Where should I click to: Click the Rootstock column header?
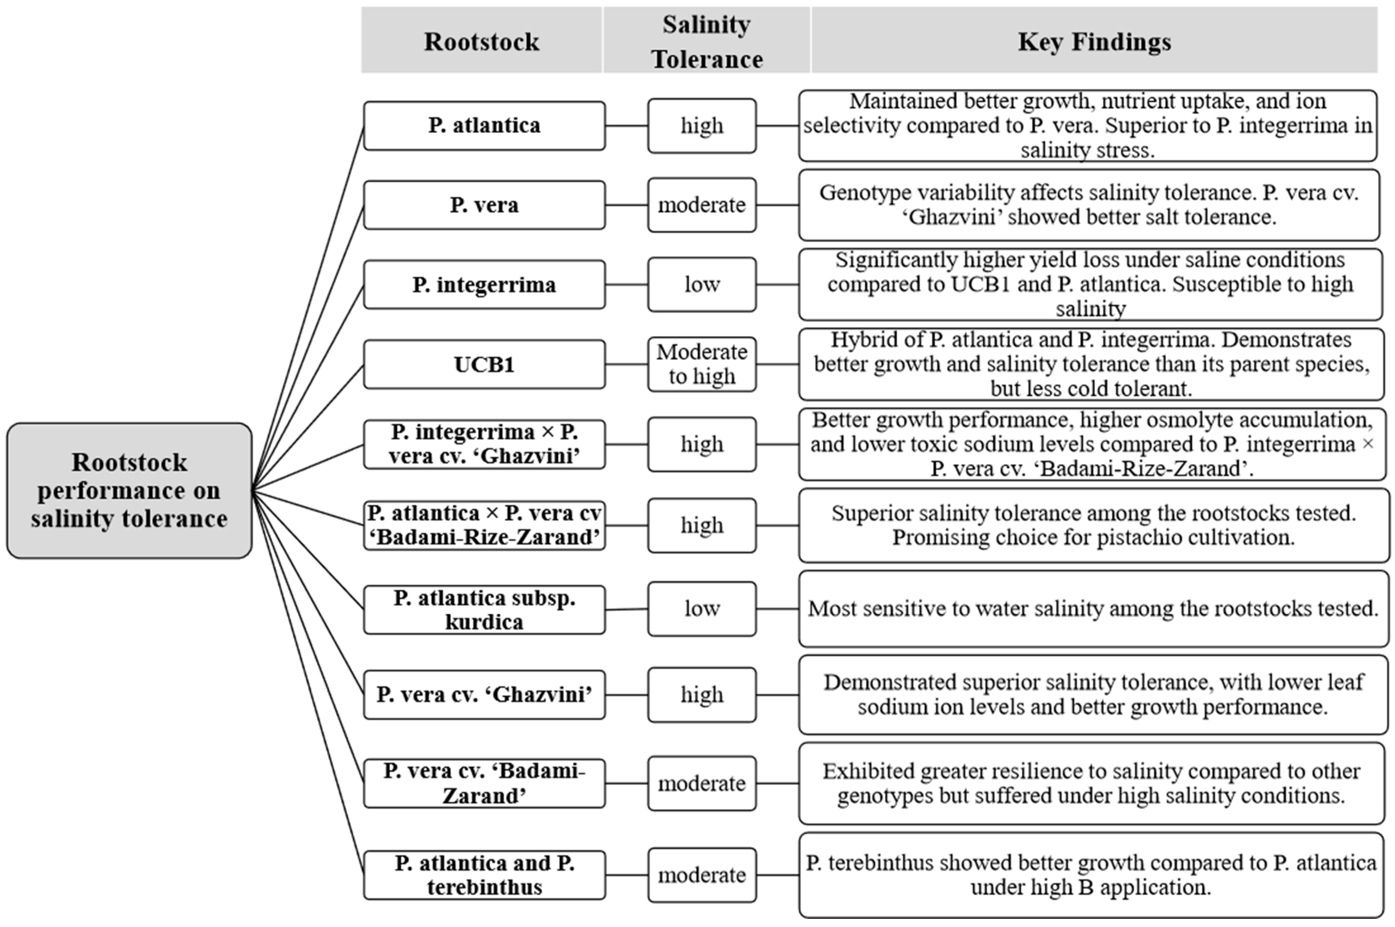point(481,41)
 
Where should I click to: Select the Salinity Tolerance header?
point(706,41)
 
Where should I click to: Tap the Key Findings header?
point(1094,41)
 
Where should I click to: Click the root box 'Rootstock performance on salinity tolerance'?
point(129,490)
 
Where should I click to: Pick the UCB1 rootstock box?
point(484,364)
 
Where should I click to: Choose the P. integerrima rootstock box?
point(484,284)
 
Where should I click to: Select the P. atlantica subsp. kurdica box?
point(484,610)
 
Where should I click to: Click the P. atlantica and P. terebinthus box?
point(484,875)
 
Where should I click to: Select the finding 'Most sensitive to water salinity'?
point(1093,608)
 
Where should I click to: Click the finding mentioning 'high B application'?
point(1091,875)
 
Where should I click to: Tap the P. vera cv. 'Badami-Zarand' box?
point(484,783)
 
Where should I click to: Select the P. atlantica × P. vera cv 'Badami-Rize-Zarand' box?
point(484,525)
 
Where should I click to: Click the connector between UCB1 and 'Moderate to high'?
point(626,364)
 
